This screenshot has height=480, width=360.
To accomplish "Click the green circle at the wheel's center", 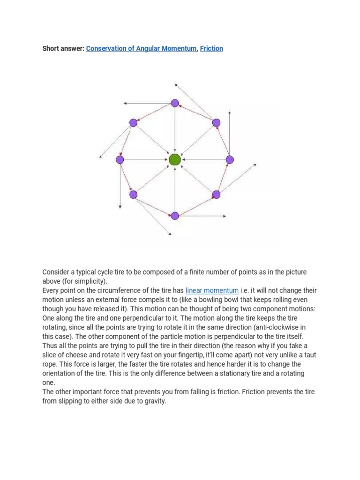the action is coord(175,159).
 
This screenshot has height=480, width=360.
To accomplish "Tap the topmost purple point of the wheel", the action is coord(175,103).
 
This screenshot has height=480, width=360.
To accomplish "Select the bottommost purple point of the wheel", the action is coord(175,216).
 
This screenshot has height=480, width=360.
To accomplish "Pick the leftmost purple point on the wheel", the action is coord(120,160).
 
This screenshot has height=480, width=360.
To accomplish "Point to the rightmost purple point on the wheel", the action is coord(230,160).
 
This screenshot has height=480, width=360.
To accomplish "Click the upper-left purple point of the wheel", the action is coord(133,123).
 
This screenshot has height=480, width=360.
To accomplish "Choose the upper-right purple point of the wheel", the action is coord(216,123).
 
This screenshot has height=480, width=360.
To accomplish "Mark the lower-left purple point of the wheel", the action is coord(133,195).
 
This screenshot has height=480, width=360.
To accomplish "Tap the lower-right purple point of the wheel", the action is coord(216,194).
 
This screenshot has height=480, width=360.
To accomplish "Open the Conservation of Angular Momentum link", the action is coord(141,48).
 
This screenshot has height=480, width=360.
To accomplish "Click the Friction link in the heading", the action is coord(211,48).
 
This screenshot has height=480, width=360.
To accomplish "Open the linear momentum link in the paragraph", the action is coord(212,291).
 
